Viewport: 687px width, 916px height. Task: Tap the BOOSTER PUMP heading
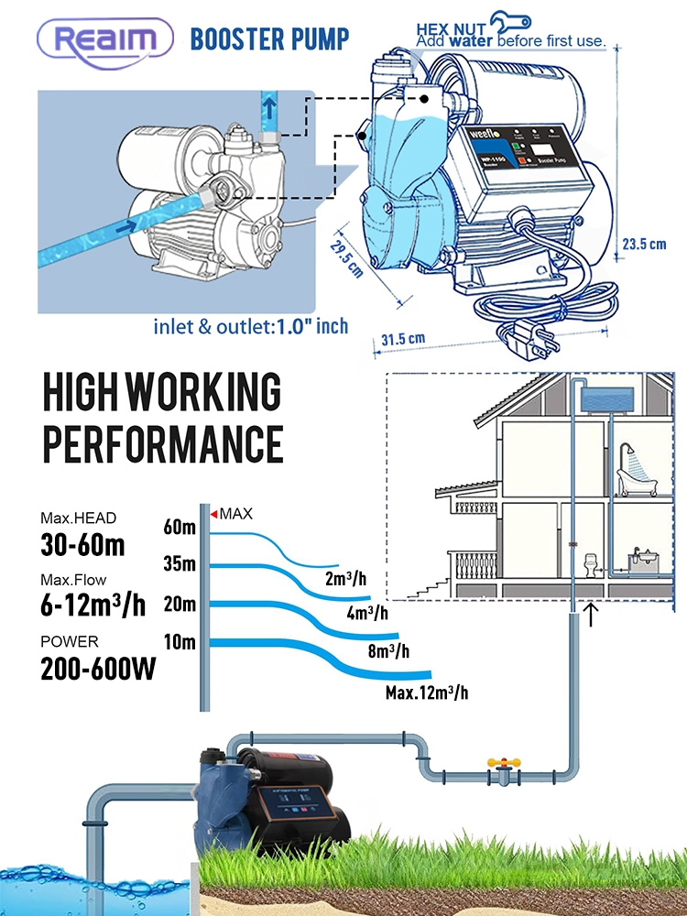[269, 39]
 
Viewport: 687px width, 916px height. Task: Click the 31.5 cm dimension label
[404, 338]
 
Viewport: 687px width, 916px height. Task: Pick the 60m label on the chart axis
[180, 527]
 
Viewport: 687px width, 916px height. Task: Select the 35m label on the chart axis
[180, 564]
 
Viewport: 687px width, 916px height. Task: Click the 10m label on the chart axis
[180, 641]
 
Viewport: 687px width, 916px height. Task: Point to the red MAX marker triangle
[214, 515]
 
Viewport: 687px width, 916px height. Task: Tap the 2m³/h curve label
[347, 579]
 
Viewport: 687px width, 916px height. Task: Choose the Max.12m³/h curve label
[426, 692]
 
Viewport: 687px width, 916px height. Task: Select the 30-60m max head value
[82, 545]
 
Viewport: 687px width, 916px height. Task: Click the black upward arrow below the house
[592, 614]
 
